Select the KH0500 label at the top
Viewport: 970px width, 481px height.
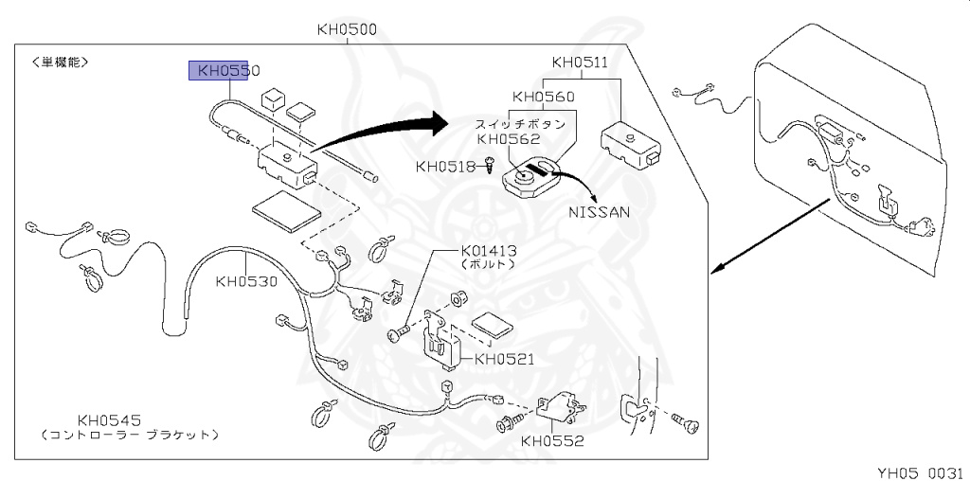point(347,29)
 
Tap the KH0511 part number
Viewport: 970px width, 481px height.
point(581,63)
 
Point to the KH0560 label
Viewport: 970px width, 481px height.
point(543,97)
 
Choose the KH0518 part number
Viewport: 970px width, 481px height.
point(445,167)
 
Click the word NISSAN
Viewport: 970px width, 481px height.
point(599,211)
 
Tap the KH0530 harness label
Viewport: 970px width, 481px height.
point(246,280)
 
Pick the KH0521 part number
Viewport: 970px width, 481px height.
point(505,359)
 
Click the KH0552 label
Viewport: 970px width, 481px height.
point(552,440)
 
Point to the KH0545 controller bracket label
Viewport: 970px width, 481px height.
point(110,419)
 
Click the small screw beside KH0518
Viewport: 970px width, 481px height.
point(490,167)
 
